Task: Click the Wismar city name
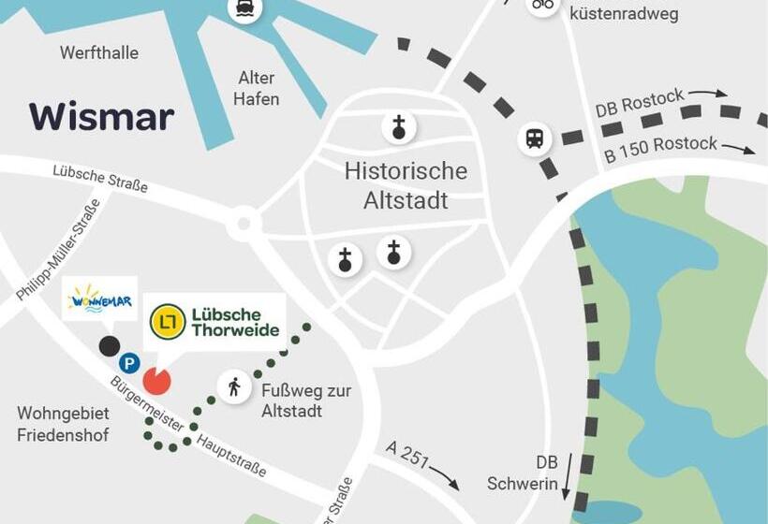[101, 117]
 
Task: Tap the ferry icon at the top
[244, 8]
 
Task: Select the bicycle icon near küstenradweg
[542, 5]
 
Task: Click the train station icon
[535, 139]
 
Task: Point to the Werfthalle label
[98, 52]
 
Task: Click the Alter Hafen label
[256, 89]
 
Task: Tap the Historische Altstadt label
[406, 185]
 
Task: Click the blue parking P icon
[129, 363]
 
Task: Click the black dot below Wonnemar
[110, 346]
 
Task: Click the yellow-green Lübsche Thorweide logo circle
[168, 322]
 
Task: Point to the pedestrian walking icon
[233, 386]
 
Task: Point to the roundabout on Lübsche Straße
[244, 224]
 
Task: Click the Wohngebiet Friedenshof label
[63, 424]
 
